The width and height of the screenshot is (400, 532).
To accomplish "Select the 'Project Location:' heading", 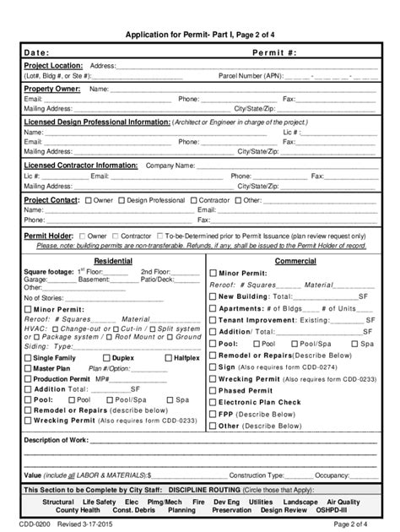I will (x=53, y=65).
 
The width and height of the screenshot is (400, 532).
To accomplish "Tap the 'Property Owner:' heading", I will (x=52, y=89).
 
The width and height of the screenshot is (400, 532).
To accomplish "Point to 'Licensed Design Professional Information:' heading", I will (x=97, y=122).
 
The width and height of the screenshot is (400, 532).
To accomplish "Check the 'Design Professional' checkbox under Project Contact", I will (x=121, y=200).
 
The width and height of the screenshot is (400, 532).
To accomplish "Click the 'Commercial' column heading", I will (x=295, y=260).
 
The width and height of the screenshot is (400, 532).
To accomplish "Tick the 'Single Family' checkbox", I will (x=28, y=358).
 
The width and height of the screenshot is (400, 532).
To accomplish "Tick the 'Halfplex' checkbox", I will (x=168, y=358).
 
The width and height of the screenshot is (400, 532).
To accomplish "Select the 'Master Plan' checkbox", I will (x=28, y=369).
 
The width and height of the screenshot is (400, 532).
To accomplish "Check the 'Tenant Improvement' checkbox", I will (x=212, y=320).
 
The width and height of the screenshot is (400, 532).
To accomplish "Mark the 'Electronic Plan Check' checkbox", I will (x=212, y=403).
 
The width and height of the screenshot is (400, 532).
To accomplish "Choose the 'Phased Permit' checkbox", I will (x=212, y=391).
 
